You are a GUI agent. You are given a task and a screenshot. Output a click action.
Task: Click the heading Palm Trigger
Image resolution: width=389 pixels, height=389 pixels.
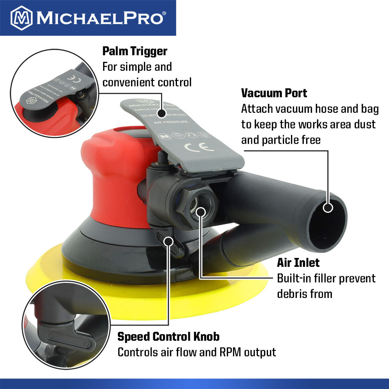135,51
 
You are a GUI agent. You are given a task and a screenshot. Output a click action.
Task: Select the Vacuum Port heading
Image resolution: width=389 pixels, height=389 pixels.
274,93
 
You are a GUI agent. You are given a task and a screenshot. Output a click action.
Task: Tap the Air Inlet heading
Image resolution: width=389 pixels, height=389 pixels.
298,263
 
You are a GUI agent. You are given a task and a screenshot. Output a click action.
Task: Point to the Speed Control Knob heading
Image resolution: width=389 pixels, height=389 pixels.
168,336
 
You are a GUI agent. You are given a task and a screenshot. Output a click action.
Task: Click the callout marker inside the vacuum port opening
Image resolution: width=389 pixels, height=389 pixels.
328,207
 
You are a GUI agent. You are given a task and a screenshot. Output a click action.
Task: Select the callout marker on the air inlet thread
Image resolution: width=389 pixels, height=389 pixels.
200,212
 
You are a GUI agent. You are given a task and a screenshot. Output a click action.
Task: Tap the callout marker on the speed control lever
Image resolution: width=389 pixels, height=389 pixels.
168,241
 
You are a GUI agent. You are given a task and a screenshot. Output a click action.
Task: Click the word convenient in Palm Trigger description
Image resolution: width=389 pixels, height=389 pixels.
129,82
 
